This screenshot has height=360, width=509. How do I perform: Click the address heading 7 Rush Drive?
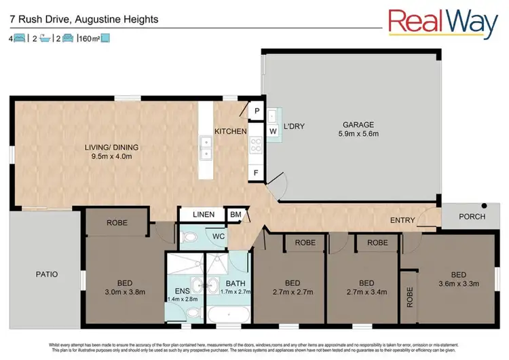(84, 19)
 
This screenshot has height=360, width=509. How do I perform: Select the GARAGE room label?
(359, 124)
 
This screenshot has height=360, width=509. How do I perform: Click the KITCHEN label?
(230, 131)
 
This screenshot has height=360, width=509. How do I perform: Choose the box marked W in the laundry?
(273, 130)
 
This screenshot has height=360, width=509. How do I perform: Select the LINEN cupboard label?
(202, 215)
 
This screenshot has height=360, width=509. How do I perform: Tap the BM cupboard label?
(235, 215)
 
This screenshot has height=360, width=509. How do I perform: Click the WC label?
(218, 237)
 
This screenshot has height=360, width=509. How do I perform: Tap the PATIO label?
(46, 274)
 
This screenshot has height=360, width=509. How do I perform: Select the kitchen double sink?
(206, 148)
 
